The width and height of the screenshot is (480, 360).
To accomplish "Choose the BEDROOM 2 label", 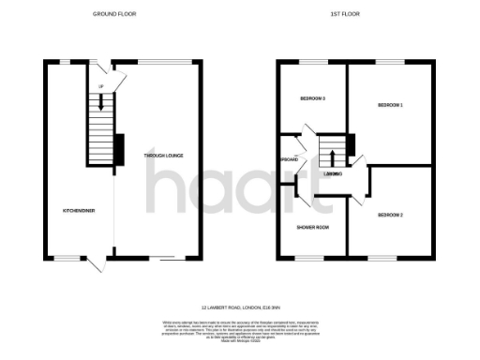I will [x=391, y=216].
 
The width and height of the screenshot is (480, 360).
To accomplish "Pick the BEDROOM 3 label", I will [x=312, y=98].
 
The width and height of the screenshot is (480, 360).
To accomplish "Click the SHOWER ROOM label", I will [x=311, y=226].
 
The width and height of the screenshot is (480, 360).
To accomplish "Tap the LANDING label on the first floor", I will [x=330, y=175].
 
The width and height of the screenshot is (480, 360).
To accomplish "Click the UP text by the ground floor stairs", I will [x=101, y=88].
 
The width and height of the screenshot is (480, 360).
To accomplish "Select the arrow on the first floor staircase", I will [x=330, y=155].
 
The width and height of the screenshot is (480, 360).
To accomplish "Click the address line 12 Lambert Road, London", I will [x=241, y=307].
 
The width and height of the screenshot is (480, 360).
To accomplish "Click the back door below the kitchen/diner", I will [x=95, y=264].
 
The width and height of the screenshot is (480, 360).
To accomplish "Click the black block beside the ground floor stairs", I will [x=119, y=148].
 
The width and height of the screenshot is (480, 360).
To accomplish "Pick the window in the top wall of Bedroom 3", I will [x=310, y=62].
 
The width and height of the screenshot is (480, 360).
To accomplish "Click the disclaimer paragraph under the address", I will [x=241, y=331].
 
